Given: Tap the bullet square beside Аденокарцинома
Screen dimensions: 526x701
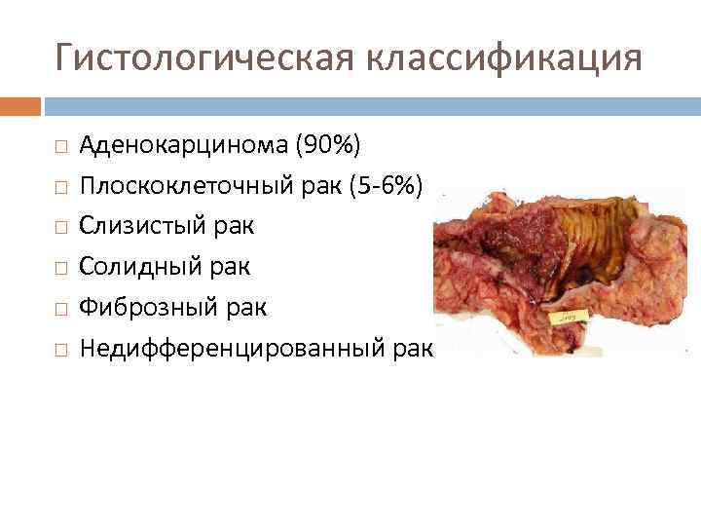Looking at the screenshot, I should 60,147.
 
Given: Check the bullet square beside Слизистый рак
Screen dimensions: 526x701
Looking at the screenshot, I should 60,227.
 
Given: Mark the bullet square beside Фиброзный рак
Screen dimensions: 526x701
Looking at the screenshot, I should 60,307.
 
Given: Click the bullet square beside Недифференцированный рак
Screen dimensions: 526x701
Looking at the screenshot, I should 60,347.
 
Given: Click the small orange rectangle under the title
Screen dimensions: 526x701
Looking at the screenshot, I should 20,105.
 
